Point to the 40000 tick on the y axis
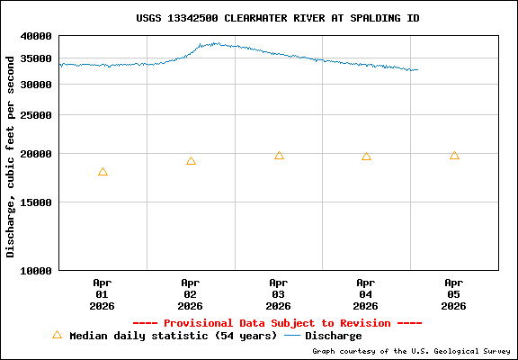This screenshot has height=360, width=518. click(36, 36)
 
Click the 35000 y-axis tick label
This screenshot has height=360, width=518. click(36, 60)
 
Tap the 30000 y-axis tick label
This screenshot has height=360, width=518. click(36, 85)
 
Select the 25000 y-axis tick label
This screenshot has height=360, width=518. click(36, 115)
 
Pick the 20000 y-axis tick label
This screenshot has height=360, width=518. click(36, 154)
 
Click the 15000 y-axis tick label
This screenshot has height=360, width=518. click(36, 202)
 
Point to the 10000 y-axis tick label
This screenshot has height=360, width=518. click(36, 270)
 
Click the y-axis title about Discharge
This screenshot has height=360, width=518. click(11, 155)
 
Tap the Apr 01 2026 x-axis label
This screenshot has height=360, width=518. click(102, 294)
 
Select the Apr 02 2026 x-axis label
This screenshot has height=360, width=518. click(190, 294)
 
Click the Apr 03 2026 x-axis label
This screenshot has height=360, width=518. click(278, 294)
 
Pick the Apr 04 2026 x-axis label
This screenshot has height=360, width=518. click(366, 294)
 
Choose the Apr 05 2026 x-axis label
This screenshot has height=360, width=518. click(454, 294)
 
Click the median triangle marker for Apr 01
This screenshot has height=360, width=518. click(103, 172)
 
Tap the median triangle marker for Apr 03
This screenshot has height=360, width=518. click(279, 156)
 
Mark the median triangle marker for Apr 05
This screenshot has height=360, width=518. click(454, 156)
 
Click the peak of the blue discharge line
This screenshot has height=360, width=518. click(215, 43)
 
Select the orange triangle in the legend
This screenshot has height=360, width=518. click(57, 335)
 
